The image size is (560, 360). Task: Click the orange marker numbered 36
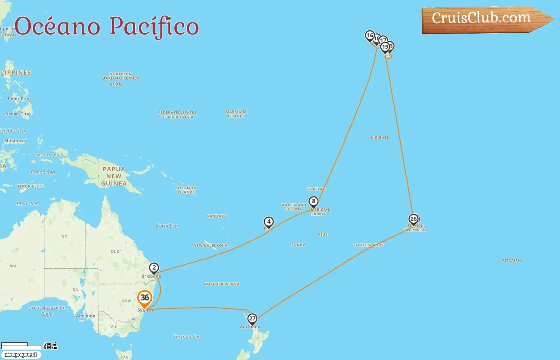pyautogui.click(x=144, y=298)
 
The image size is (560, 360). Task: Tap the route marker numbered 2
pyautogui.click(x=154, y=268)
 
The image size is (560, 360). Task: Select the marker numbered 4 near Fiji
pyautogui.click(x=269, y=222)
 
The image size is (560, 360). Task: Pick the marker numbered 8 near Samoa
pyautogui.click(x=314, y=201)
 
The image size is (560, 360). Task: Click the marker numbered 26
pyautogui.click(x=414, y=219)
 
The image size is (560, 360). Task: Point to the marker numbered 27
pyautogui.click(x=252, y=319)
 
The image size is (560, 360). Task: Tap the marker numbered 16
pyautogui.click(x=370, y=36)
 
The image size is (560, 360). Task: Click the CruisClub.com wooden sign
pyautogui.click(x=484, y=19)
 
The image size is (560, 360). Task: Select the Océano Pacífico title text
pyautogui.click(x=107, y=26)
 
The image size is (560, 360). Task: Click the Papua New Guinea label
pyautogui.click(x=114, y=176)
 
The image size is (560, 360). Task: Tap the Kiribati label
pyautogui.click(x=379, y=138)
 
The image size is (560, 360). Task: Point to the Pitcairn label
pyautogui.click(x=511, y=260)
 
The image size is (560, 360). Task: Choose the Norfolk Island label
pyautogui.click(x=222, y=284)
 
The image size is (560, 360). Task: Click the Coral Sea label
pyautogui.click(x=167, y=226)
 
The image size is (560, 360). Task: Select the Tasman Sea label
pyautogui.click(x=187, y=337)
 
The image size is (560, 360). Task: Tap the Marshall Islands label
pyautogui.click(x=236, y=114)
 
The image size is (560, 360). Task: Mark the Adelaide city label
pyautogui.click(x=86, y=316)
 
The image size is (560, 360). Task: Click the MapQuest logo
pyautogui.click(x=21, y=355)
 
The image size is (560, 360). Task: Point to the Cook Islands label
pyautogui.click(x=368, y=245)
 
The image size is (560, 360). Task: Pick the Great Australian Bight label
pyautogui.click(x=47, y=311)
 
